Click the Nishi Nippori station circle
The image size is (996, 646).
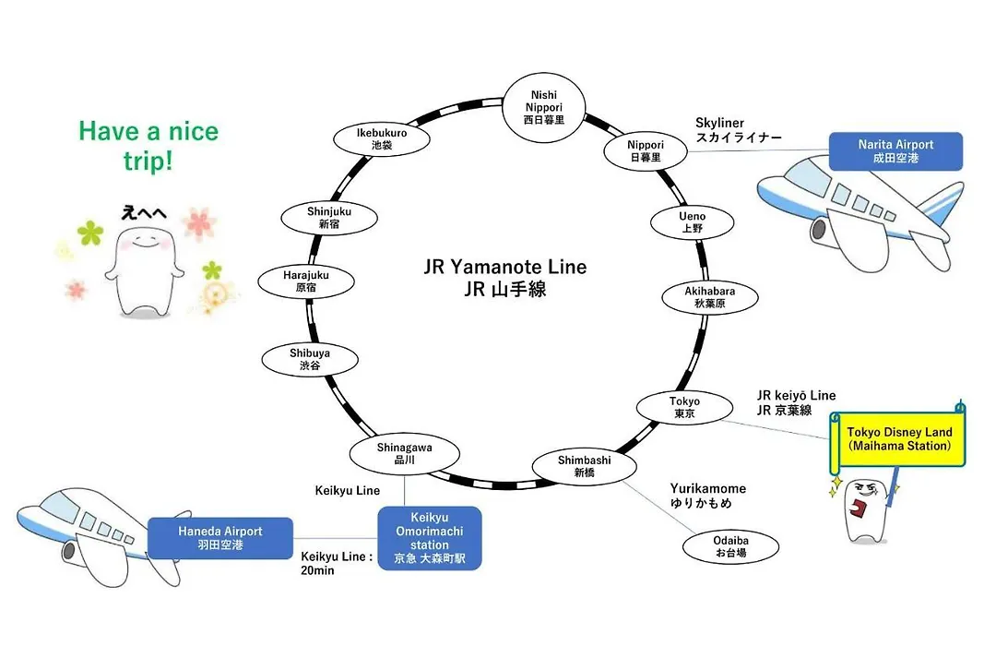543,107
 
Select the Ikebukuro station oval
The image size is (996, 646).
382,139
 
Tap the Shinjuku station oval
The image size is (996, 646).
329,218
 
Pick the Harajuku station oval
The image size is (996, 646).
306,281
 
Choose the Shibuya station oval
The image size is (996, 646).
310,359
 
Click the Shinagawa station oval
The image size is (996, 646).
405,453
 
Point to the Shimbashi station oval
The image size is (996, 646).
585,466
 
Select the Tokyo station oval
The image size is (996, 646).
684,408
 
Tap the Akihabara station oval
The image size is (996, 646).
710,297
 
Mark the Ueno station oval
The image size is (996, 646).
693,221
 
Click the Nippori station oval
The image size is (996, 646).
646,151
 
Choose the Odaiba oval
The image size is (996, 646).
730,547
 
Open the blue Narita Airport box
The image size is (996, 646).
895,151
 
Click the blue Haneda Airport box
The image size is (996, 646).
220,538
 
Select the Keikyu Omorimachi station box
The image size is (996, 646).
430,538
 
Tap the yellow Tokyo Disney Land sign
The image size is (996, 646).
898,439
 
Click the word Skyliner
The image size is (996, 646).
719,123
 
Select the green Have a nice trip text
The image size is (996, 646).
148,146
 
